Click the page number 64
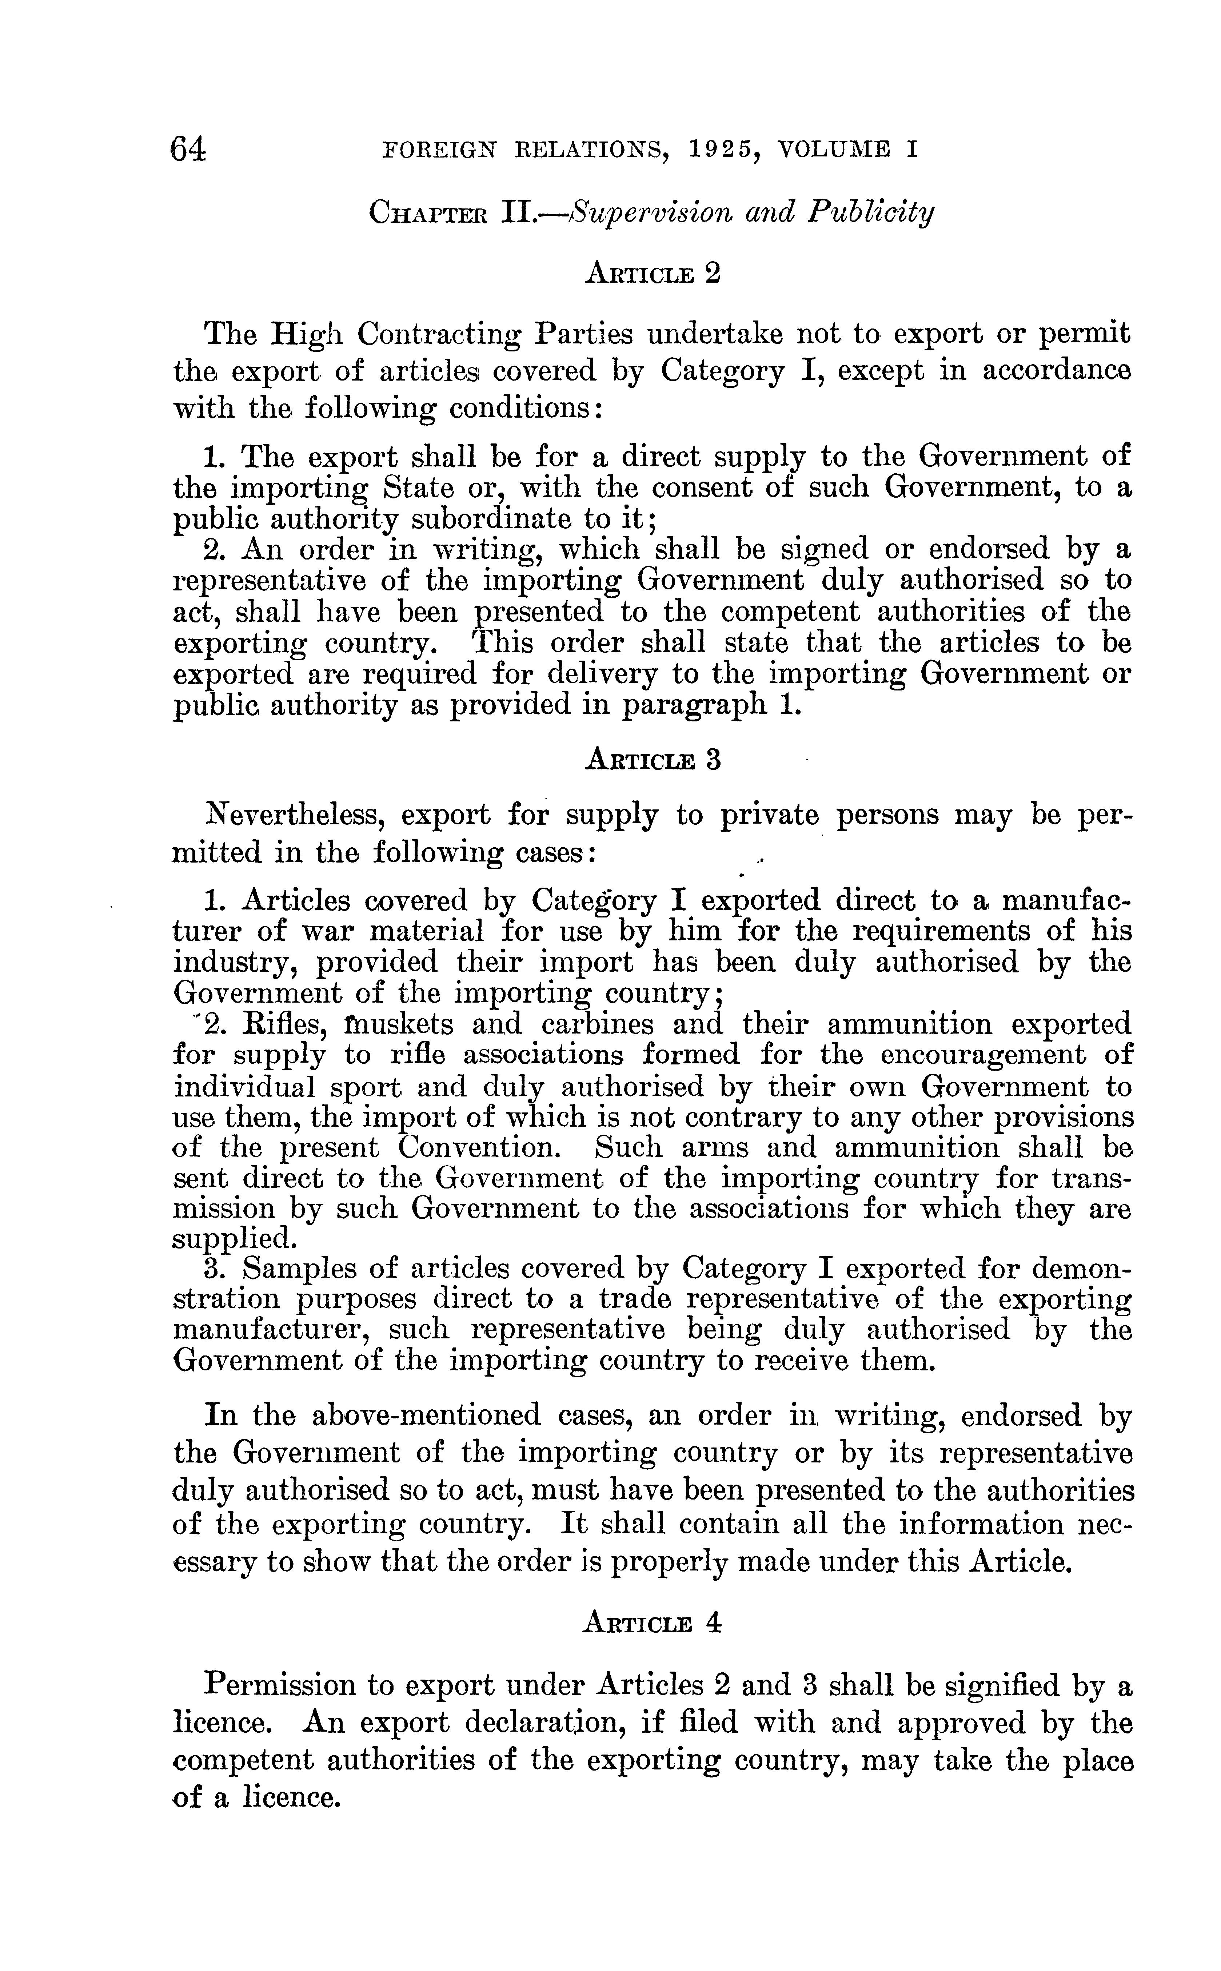coord(188,150)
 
